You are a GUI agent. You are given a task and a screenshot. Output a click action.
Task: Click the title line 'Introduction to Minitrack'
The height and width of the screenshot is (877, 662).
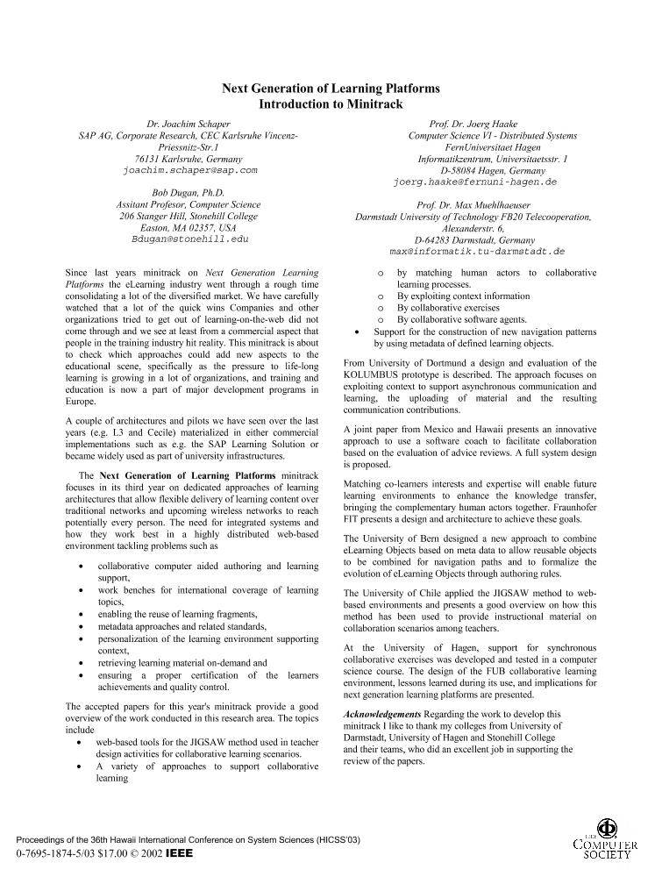click(x=331, y=104)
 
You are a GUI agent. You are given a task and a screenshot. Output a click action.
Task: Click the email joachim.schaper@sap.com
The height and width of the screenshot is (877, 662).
click(x=189, y=170)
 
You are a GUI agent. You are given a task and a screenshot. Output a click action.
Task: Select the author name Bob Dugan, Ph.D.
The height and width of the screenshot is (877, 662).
click(x=189, y=193)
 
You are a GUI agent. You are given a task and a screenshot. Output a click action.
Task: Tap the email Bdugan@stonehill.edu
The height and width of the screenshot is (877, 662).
click(x=189, y=239)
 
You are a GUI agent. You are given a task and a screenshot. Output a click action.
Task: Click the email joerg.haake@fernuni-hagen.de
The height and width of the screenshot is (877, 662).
click(x=475, y=182)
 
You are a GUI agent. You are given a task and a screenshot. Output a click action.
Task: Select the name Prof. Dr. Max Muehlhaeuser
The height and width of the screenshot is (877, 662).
click(x=478, y=205)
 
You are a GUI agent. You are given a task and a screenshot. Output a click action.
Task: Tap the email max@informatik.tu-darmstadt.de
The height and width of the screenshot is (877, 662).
click(x=477, y=251)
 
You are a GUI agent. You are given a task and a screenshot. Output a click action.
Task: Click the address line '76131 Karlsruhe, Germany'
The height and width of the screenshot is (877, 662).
click(x=189, y=159)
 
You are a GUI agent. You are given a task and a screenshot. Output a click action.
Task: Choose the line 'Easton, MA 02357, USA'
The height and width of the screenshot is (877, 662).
click(x=189, y=227)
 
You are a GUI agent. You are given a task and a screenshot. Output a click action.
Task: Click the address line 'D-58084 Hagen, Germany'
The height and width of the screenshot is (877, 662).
click(x=479, y=171)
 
